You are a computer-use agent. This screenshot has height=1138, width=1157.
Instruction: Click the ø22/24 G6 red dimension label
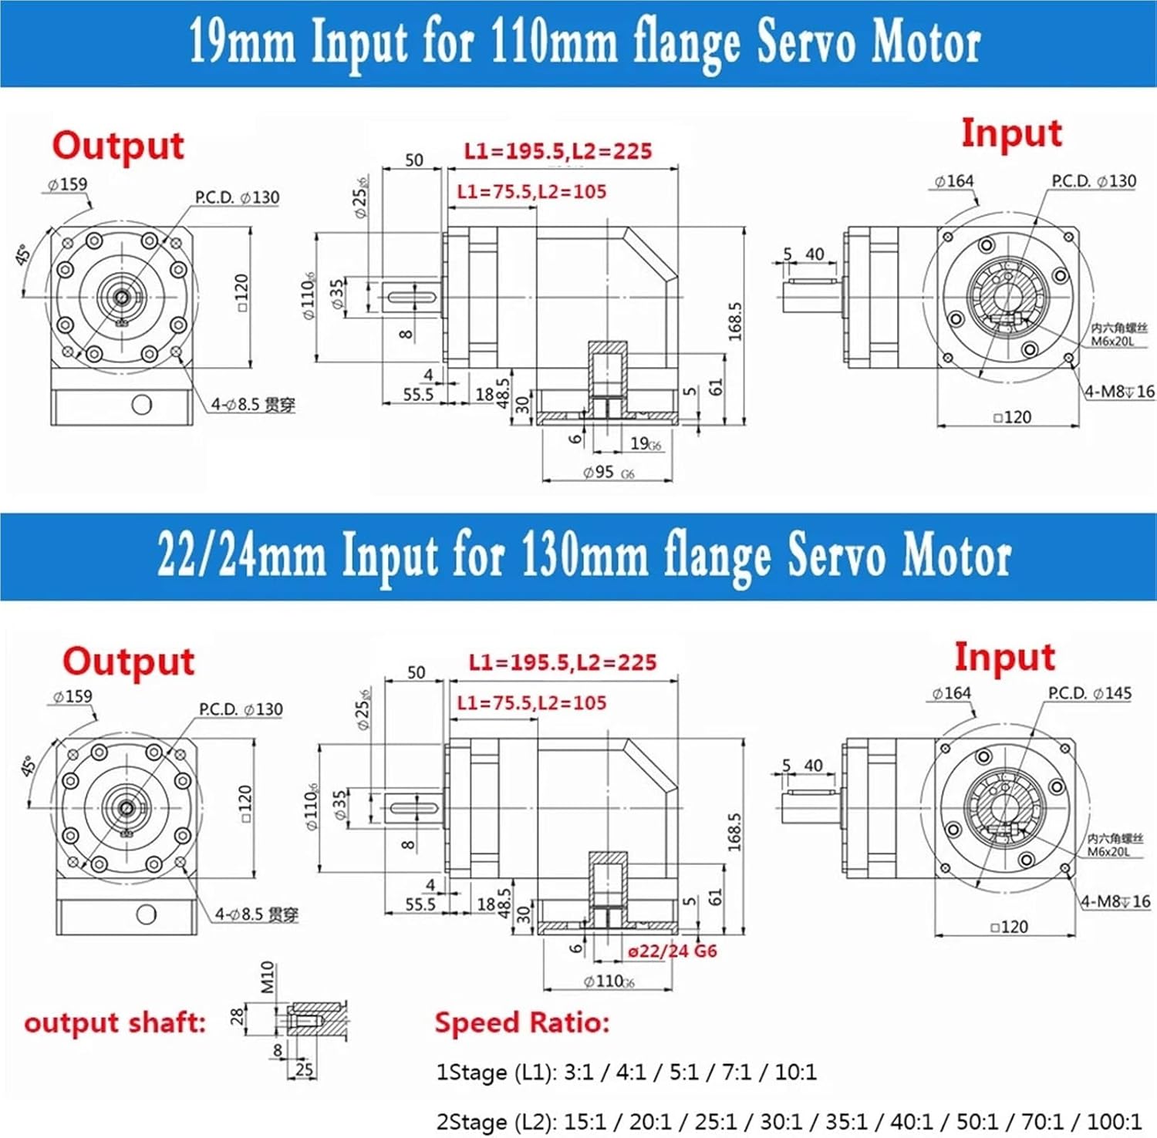click(x=672, y=951)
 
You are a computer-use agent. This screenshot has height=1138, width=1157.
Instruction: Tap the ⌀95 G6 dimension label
click(x=609, y=473)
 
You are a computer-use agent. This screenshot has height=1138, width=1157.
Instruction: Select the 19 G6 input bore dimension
click(x=646, y=444)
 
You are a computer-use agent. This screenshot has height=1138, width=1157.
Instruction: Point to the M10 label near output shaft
click(x=267, y=977)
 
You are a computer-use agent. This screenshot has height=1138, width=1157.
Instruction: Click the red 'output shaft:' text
click(x=115, y=1022)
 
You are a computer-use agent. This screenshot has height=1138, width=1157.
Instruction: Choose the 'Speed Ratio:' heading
click(x=521, y=1022)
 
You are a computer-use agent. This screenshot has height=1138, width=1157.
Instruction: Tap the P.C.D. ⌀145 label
click(x=1089, y=693)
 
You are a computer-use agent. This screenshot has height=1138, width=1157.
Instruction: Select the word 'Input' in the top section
click(x=1011, y=133)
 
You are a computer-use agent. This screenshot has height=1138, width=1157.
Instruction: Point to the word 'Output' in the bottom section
click(x=128, y=662)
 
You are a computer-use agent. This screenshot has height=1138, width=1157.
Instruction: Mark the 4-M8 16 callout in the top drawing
click(x=1119, y=392)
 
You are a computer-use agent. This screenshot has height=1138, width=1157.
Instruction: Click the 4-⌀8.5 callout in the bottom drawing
click(x=256, y=914)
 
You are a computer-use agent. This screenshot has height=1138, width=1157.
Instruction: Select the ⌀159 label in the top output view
click(x=67, y=184)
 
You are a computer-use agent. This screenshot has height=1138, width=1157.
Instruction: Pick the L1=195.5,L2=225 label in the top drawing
click(x=558, y=151)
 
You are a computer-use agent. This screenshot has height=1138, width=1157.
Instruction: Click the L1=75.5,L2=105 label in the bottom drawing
click(x=531, y=702)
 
